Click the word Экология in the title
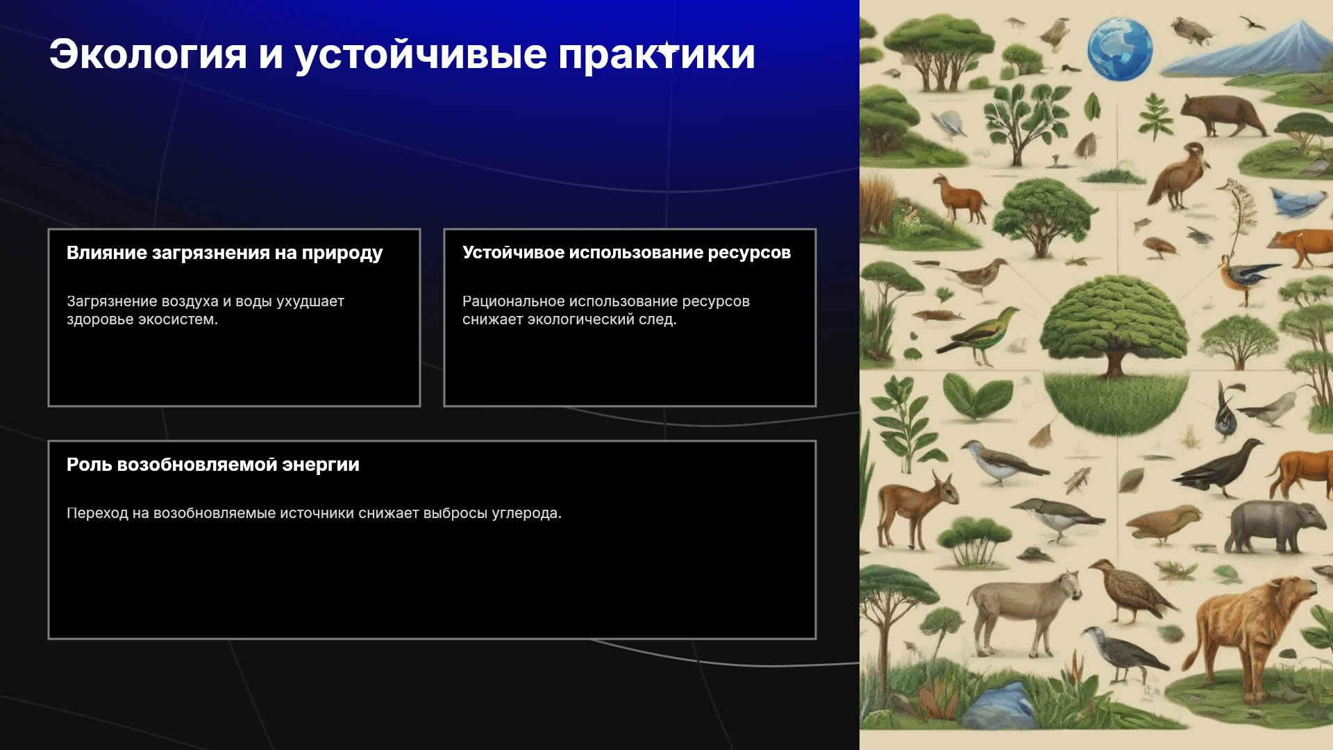pyautogui.click(x=148, y=54)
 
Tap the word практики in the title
pyautogui.click(x=656, y=54)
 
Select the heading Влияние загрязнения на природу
pyautogui.click(x=225, y=253)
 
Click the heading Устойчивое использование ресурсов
pyautogui.click(x=626, y=253)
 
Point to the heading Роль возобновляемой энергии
pyautogui.click(x=213, y=465)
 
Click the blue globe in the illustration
pyautogui.click(x=1120, y=49)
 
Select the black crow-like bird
pyautogui.click(x=1218, y=465)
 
